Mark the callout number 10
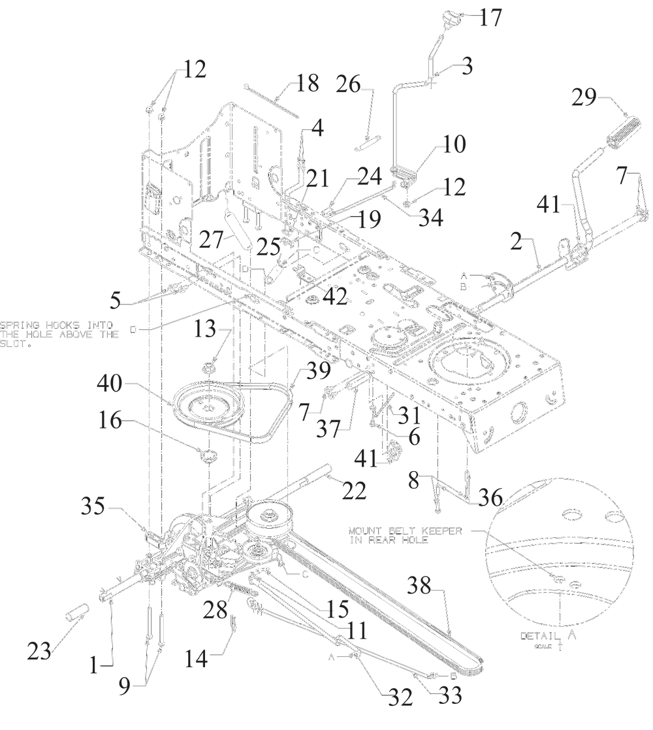coord(453,144)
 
